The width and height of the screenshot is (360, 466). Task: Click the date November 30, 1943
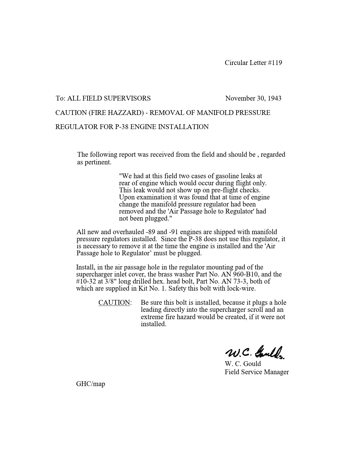(253, 98)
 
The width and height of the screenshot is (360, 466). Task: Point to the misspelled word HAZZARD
(126, 113)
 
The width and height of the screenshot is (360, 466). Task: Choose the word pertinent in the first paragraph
(98, 162)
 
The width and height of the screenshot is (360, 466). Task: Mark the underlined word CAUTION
(114, 302)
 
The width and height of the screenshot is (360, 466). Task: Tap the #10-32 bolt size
(86, 281)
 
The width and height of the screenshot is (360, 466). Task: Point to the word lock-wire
(243, 288)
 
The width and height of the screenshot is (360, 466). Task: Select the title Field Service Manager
(257, 372)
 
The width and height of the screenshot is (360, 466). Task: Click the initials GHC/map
(91, 384)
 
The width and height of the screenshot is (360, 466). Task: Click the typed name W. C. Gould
(243, 363)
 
